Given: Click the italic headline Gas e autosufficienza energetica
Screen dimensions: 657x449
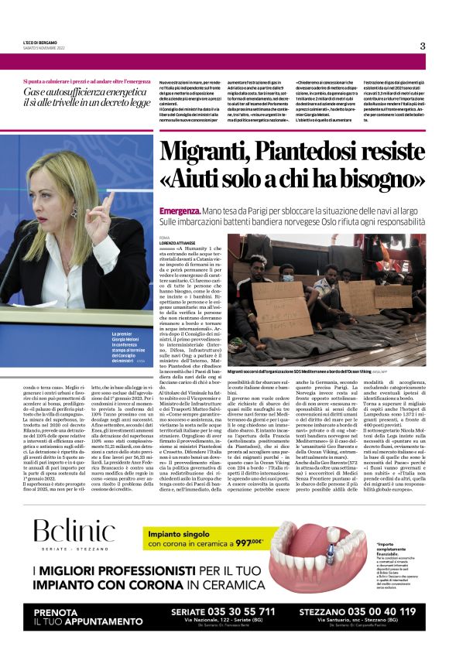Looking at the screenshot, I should point(83,95).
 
